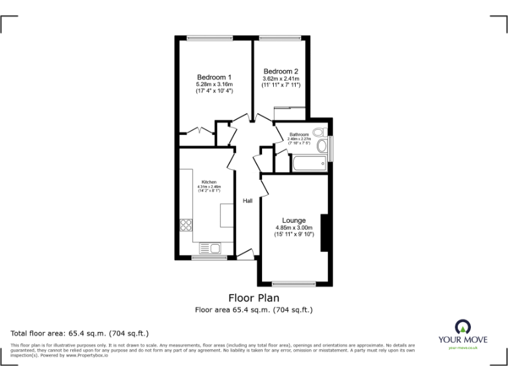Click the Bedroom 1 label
(x=214, y=77)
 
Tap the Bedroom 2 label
(x=280, y=71)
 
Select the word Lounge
(x=294, y=220)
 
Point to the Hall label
(x=247, y=201)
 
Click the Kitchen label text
(x=209, y=182)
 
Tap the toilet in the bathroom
(x=318, y=132)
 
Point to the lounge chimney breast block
(x=324, y=233)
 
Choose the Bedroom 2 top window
(x=281, y=37)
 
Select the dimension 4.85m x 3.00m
(x=294, y=228)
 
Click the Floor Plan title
(x=253, y=298)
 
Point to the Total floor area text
(x=80, y=333)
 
